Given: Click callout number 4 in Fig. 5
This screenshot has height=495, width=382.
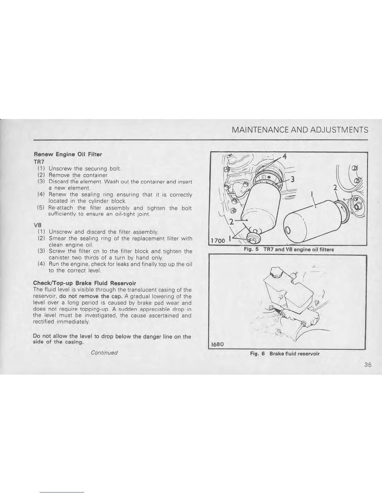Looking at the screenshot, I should coord(284,156).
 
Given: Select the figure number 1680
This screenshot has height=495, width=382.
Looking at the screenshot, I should coord(217,344).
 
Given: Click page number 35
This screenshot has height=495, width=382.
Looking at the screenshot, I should coord(367,365).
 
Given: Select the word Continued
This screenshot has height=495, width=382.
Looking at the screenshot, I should coord(104,353).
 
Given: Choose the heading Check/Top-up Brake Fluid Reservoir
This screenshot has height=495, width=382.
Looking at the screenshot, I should coord(84,283).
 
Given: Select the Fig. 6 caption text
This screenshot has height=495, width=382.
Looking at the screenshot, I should coord(285,353).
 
